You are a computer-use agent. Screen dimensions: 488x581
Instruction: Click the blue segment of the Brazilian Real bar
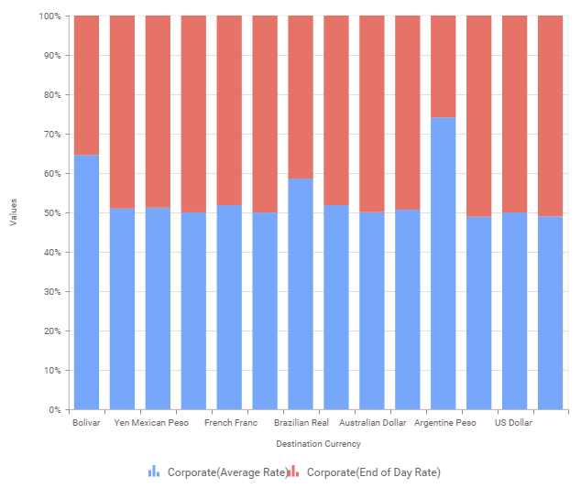tap(301, 294)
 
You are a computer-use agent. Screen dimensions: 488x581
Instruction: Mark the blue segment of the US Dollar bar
tap(514, 310)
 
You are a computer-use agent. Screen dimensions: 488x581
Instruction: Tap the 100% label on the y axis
tap(49, 16)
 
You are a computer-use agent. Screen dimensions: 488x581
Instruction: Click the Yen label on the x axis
tap(122, 424)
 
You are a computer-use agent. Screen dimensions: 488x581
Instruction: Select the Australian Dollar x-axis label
tap(372, 424)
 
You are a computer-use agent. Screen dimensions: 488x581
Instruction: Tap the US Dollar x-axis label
tap(514, 424)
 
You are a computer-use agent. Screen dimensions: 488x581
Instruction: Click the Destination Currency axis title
tap(318, 444)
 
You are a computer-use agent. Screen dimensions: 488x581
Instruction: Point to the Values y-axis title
tap(13, 212)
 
